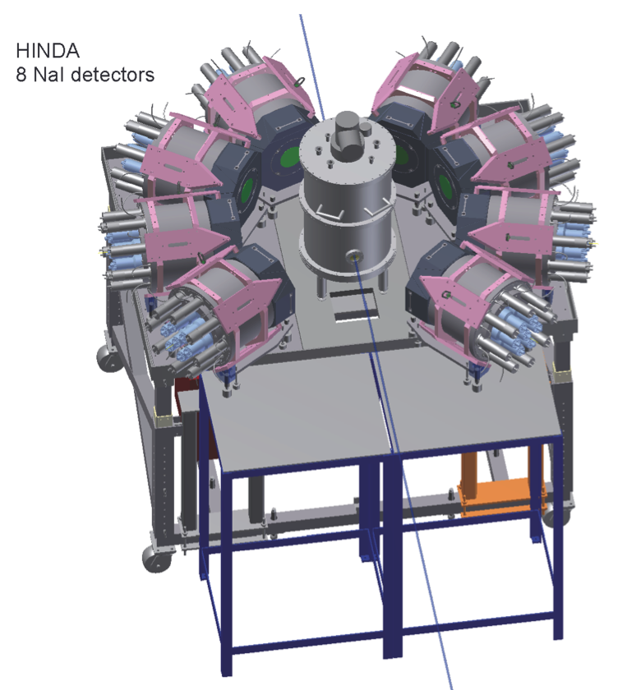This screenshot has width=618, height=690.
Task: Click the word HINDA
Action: (x=48, y=51)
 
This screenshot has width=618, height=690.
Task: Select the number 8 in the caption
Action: (x=21, y=75)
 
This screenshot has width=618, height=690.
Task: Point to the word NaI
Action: (x=48, y=75)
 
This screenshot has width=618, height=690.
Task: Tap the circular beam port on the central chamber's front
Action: (x=353, y=255)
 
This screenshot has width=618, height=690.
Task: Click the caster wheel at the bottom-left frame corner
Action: (x=156, y=558)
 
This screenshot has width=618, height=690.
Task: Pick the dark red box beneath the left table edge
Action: (x=188, y=402)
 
